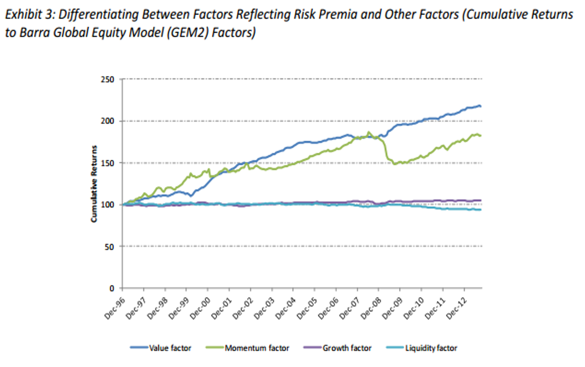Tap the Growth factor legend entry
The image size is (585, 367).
tap(346, 348)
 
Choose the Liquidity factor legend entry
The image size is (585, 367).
tap(431, 348)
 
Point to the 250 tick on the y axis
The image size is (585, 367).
tap(110, 80)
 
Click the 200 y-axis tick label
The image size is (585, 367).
tap(110, 121)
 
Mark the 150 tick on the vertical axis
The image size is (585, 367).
tap(110, 163)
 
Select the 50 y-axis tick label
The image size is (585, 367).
tap(112, 247)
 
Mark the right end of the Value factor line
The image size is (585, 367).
tap(481, 106)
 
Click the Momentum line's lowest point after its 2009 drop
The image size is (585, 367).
tap(394, 163)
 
